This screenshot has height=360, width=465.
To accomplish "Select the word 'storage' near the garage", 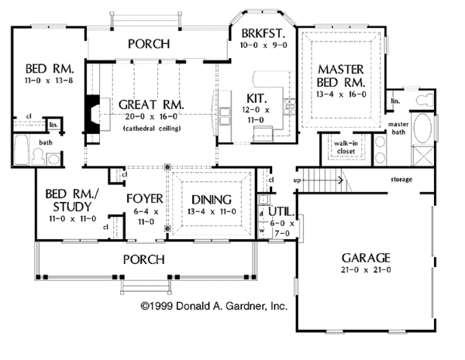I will [x=401, y=180].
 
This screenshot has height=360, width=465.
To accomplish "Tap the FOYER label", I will [x=145, y=197].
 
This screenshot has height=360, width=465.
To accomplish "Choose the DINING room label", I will [x=211, y=197].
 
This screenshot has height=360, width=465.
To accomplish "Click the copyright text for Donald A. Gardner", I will [x=213, y=307].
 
